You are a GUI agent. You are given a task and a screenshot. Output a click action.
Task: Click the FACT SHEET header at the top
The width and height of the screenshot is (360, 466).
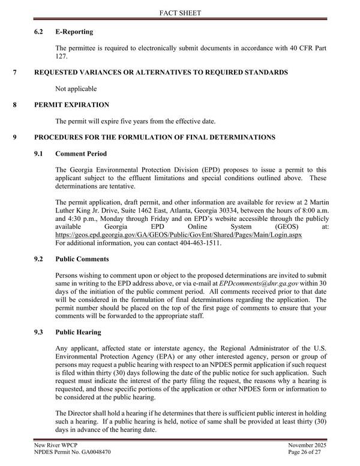pos(179,13)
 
